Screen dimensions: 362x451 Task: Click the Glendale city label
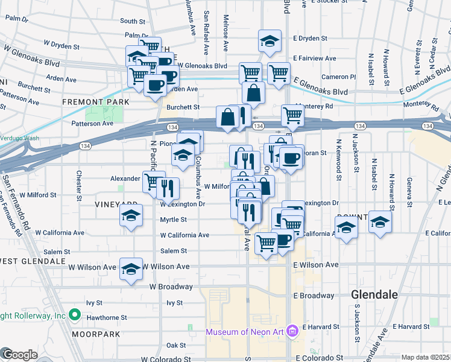click(x=374, y=295)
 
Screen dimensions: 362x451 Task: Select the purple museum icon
click(x=293, y=331)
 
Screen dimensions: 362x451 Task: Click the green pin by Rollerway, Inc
click(x=74, y=315)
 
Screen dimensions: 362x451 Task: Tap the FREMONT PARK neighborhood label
click(x=95, y=103)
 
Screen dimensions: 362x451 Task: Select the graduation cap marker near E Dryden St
click(x=270, y=40)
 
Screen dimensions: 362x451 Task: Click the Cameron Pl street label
click(x=338, y=77)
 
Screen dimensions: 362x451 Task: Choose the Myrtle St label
click(x=172, y=220)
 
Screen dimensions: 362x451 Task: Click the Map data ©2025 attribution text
click(x=426, y=357)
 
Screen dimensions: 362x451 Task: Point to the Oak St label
click(x=175, y=345)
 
